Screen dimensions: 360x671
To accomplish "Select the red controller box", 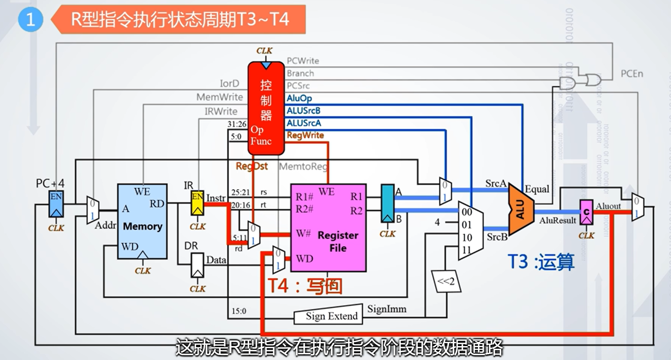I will pyautogui.click(x=266, y=109).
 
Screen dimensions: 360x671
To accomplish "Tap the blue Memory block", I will pyautogui.click(x=142, y=222).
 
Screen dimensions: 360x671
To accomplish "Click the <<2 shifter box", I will pyautogui.click(x=446, y=281).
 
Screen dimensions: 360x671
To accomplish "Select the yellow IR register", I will pyautogui.click(x=197, y=203).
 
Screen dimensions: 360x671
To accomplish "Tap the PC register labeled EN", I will pyautogui.click(x=56, y=204).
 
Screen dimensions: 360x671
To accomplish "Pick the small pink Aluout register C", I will pyautogui.click(x=586, y=212).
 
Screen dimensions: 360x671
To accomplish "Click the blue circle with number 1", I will pyautogui.click(x=30, y=19).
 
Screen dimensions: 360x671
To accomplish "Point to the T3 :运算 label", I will pyautogui.click(x=541, y=262).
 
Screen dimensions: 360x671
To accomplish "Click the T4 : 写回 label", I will pyautogui.click(x=305, y=286).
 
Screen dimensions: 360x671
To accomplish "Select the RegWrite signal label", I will pyautogui.click(x=305, y=135).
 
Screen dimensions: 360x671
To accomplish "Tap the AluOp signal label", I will pyautogui.click(x=299, y=98).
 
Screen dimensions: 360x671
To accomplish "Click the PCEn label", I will pyautogui.click(x=632, y=74).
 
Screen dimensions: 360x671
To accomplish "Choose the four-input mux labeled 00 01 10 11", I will pyautogui.click(x=470, y=231).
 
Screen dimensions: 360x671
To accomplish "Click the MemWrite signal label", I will pyautogui.click(x=220, y=97).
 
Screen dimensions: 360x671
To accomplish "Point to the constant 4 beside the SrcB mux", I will pyautogui.click(x=437, y=222).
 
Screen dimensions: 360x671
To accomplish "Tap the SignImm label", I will pyautogui.click(x=387, y=309).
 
